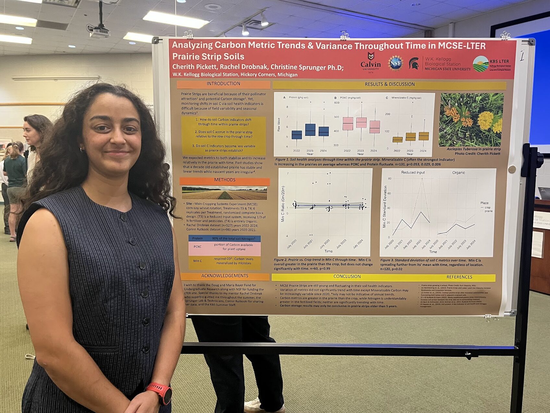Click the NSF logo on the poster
coord(396,63)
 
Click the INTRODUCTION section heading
coord(223,84)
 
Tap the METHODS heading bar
coord(225,180)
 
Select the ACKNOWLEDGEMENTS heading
coord(225,276)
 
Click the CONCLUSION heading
coord(347,277)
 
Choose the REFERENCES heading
coord(459,277)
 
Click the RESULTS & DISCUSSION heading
coord(389,84)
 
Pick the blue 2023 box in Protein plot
coord(310,130)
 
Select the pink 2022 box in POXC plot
coord(348,123)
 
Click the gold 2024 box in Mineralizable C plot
coord(423,136)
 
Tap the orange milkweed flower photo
coord(471,120)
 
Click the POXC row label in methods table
coord(198,247)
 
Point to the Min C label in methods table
coord(198,261)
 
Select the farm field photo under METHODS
coord(224,193)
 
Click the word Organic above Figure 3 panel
coord(458,173)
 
